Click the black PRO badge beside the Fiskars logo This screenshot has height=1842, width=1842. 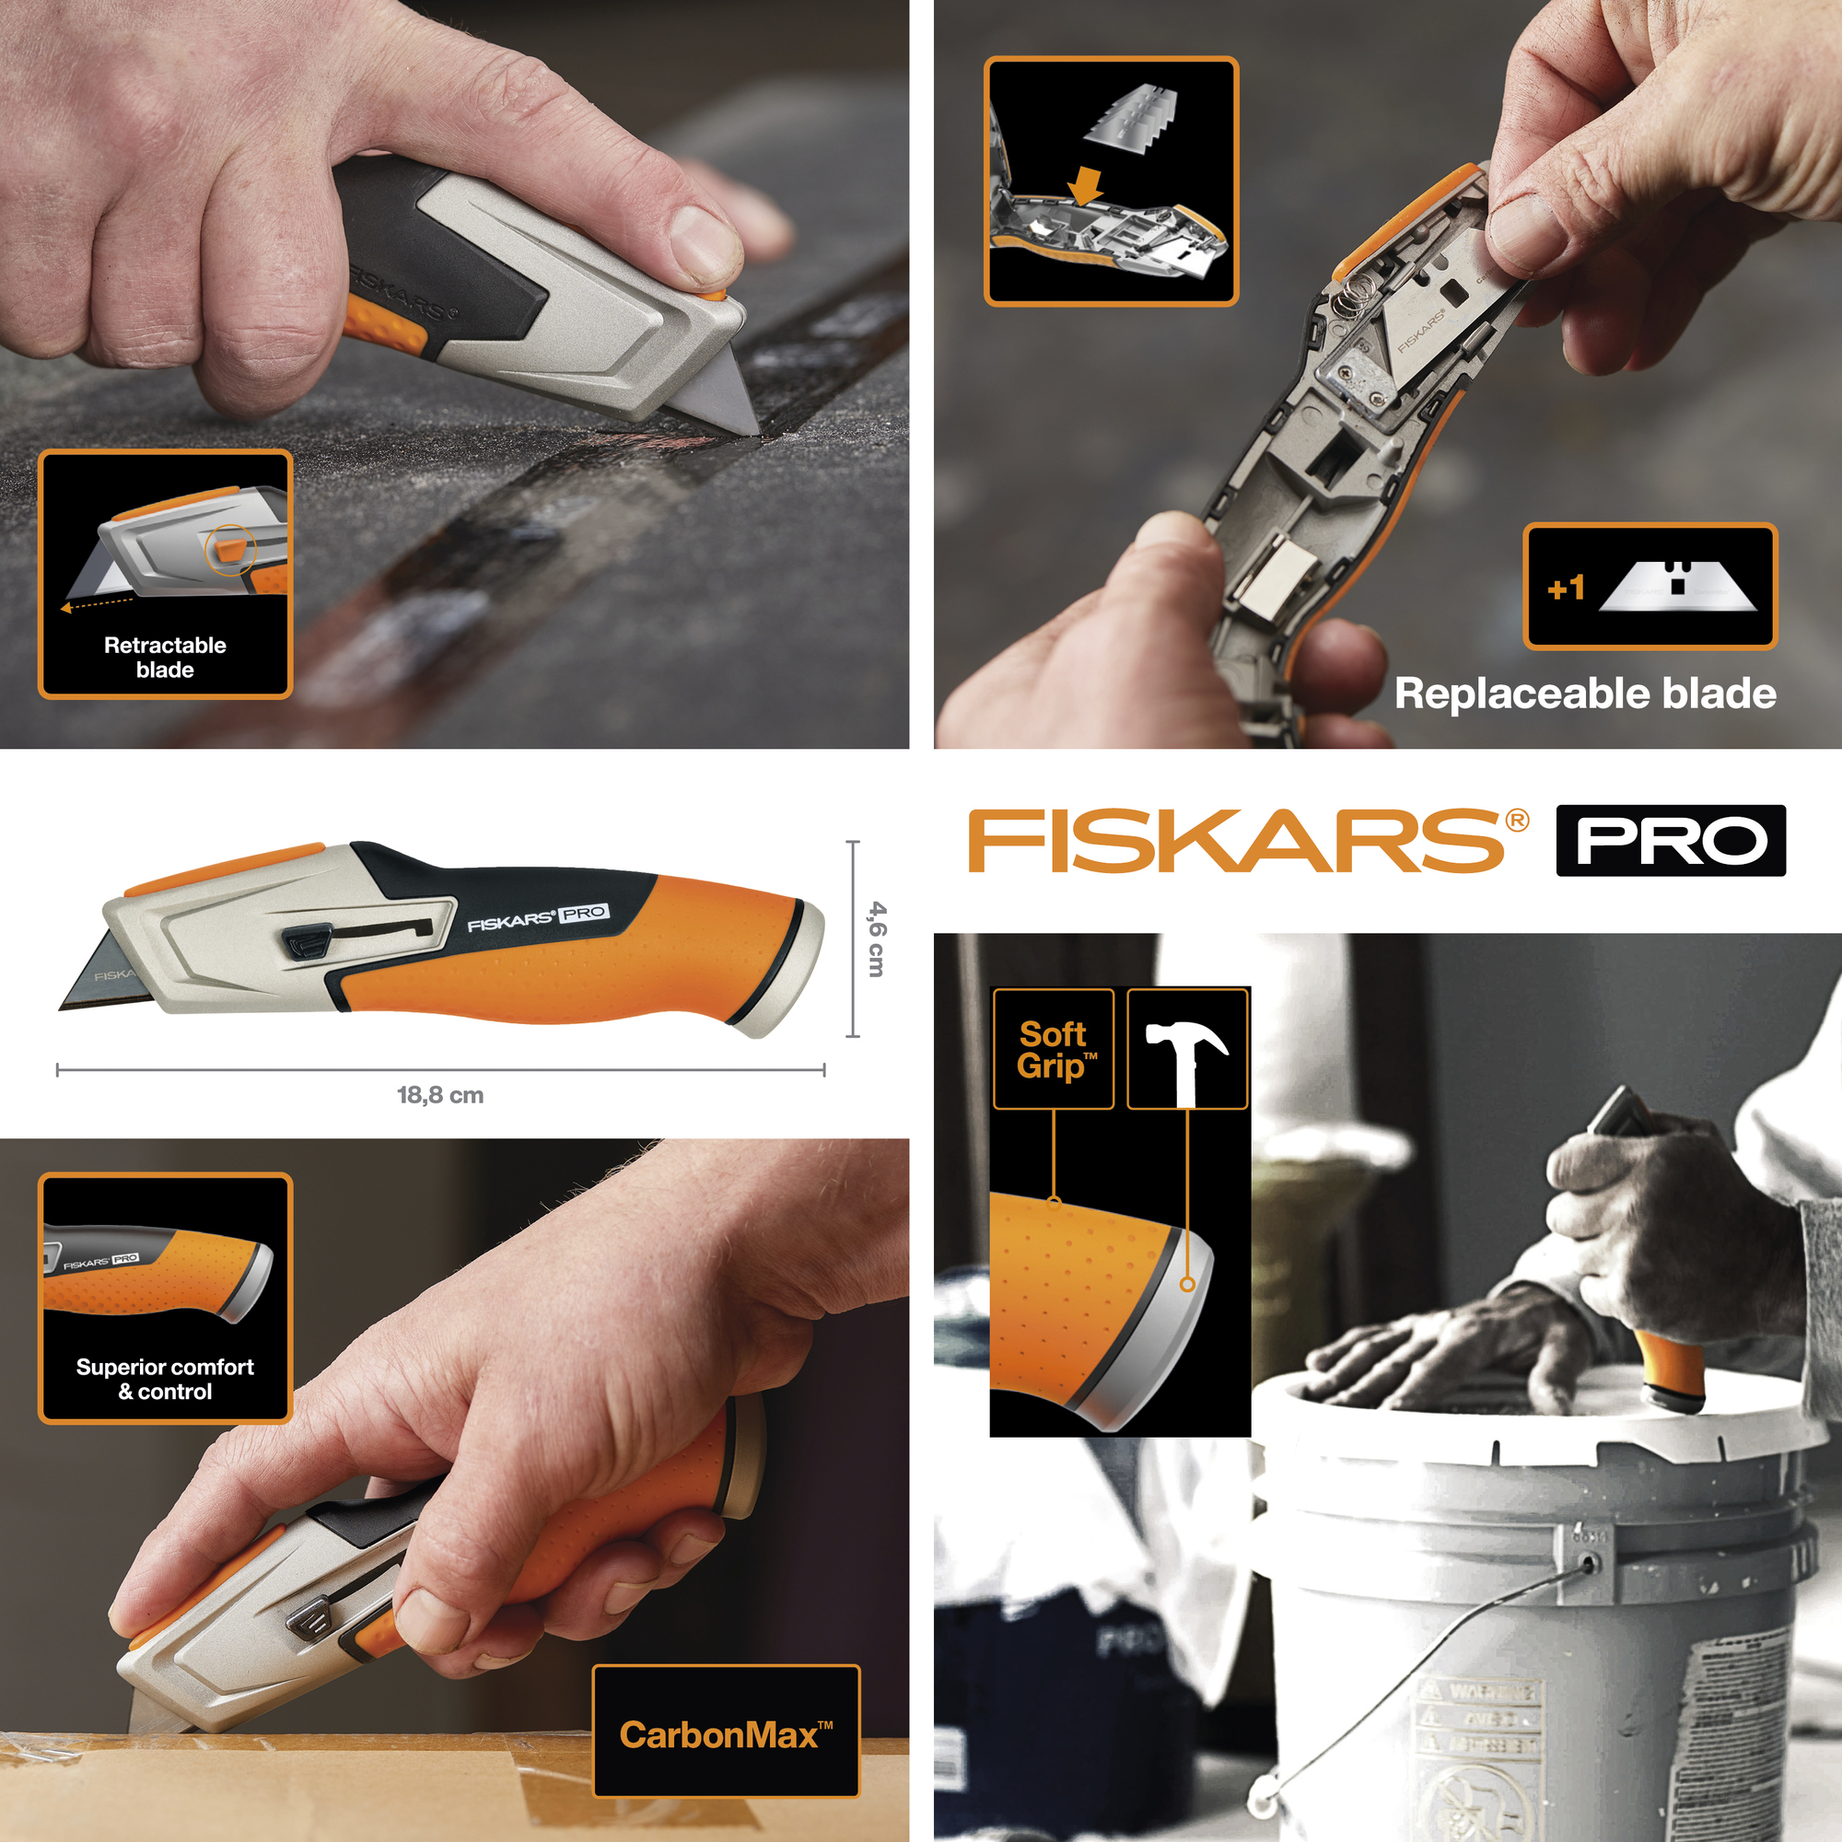[x=1671, y=840]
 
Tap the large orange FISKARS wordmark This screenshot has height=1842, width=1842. [x=1237, y=840]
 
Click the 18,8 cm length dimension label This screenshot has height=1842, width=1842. [x=440, y=1094]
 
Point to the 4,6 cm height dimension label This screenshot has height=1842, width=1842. [x=876, y=939]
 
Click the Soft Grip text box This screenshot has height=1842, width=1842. [x=1054, y=1050]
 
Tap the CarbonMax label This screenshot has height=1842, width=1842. [x=726, y=1734]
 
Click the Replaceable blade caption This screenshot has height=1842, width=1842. [x=1584, y=694]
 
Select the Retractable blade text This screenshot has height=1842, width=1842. [x=165, y=657]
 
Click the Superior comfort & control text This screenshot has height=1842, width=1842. [x=165, y=1379]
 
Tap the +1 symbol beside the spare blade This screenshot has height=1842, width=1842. [x=1566, y=588]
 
